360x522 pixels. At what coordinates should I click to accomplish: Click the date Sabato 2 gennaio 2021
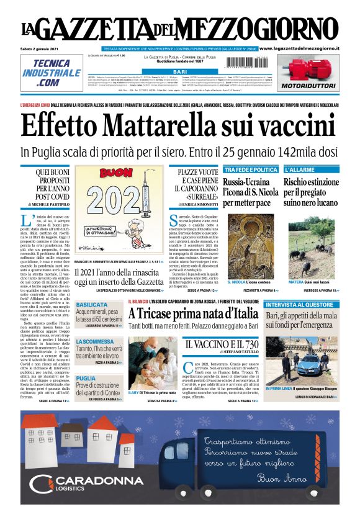pos(38,48)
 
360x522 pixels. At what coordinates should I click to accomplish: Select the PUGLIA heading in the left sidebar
pos(86,378)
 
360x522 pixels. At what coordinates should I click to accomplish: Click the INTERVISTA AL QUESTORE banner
pos(301,305)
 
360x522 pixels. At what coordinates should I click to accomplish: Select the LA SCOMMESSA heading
pos(94,342)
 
